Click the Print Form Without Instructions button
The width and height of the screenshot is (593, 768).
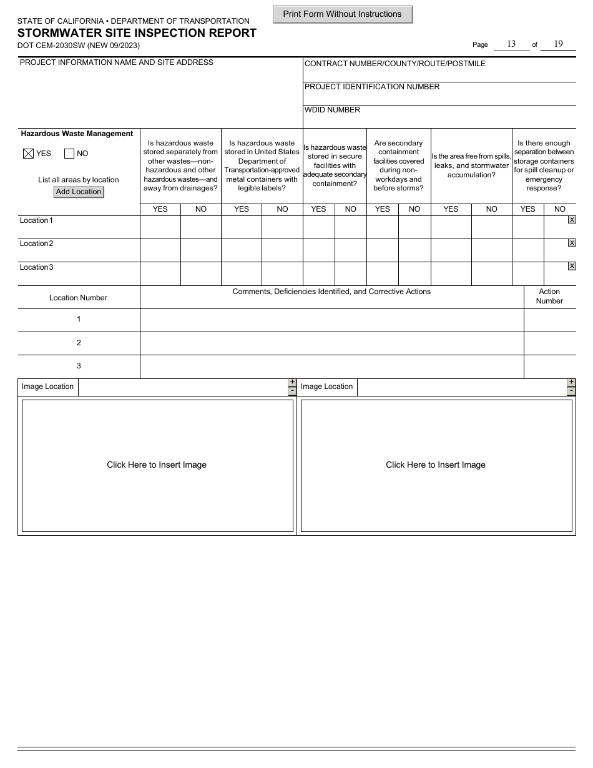click(342, 14)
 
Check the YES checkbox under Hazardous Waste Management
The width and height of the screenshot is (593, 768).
click(28, 154)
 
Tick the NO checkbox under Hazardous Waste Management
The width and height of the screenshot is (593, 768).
click(69, 154)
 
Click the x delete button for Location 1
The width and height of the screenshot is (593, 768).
click(572, 220)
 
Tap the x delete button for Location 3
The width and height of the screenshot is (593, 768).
click(572, 266)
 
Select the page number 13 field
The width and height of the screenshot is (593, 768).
click(511, 44)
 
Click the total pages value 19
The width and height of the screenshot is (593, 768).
click(558, 44)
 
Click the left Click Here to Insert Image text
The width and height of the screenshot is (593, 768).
click(157, 465)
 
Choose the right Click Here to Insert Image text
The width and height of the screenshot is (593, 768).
click(436, 465)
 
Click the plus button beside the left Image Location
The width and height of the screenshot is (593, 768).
click(292, 382)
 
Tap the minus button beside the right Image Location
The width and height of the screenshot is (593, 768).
click(571, 391)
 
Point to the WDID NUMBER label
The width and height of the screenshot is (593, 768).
click(332, 110)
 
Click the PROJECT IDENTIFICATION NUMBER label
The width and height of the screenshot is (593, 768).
click(372, 87)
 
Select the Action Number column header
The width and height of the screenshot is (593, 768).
click(549, 296)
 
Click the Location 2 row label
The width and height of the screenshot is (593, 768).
click(37, 244)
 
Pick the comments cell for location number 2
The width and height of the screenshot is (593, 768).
click(331, 343)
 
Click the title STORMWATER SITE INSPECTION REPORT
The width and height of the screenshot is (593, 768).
click(137, 33)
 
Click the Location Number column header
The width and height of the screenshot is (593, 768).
click(78, 298)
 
